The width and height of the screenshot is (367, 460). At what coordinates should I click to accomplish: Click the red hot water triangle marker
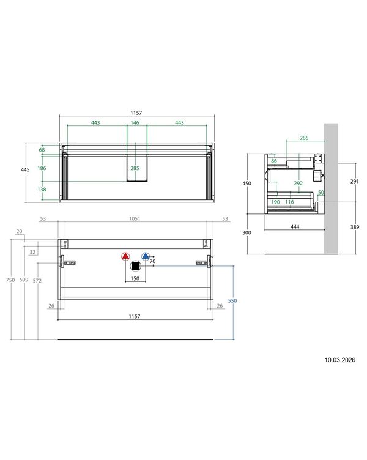pos(125,256)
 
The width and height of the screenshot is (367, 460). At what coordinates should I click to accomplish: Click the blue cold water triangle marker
pos(146,256)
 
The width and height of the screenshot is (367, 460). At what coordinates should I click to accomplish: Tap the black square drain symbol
pos(135,266)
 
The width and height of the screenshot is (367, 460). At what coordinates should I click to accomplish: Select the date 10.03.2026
pos(339,360)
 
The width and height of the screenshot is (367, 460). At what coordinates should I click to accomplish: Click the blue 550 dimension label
pos(232,301)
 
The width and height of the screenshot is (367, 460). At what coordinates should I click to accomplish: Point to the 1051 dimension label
pos(135,218)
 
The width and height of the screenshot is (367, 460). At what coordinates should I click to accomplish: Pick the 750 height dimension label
pos(10,280)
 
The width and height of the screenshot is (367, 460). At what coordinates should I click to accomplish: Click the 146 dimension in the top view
pos(135,122)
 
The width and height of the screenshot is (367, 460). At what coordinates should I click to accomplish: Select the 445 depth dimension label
pos(25,169)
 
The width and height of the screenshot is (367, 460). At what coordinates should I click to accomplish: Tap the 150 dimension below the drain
pos(135,278)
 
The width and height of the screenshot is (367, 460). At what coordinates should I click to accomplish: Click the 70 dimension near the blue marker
pos(152,261)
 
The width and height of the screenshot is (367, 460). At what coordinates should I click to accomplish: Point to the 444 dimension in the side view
pos(295,227)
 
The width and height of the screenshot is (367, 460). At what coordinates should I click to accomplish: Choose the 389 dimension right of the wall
pos(355,227)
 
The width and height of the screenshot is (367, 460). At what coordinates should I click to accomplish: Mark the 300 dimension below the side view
pos(247,232)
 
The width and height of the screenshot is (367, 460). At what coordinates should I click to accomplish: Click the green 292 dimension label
pos(298,184)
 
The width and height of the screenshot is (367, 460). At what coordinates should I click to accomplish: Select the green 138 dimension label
pos(42,190)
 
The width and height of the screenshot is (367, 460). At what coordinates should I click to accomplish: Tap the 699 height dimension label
pos(24,280)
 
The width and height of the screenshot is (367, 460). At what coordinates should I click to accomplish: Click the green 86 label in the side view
pos(274,161)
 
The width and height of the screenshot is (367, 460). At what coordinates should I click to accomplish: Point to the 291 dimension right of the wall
pos(355,182)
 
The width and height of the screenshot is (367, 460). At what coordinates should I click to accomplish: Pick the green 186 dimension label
pos(42,168)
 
